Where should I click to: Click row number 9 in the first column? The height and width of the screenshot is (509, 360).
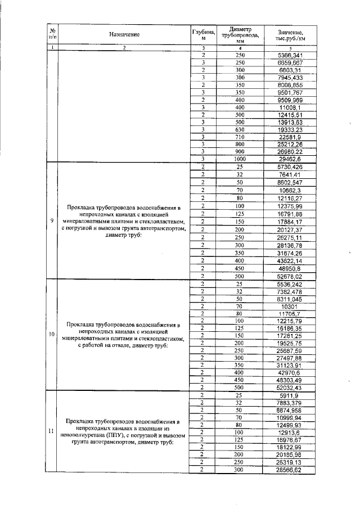pyautogui.click(x=51, y=220)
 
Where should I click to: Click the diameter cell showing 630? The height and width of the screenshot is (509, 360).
pyautogui.click(x=240, y=128)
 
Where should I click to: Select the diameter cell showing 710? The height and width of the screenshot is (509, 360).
pyautogui.click(x=240, y=136)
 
